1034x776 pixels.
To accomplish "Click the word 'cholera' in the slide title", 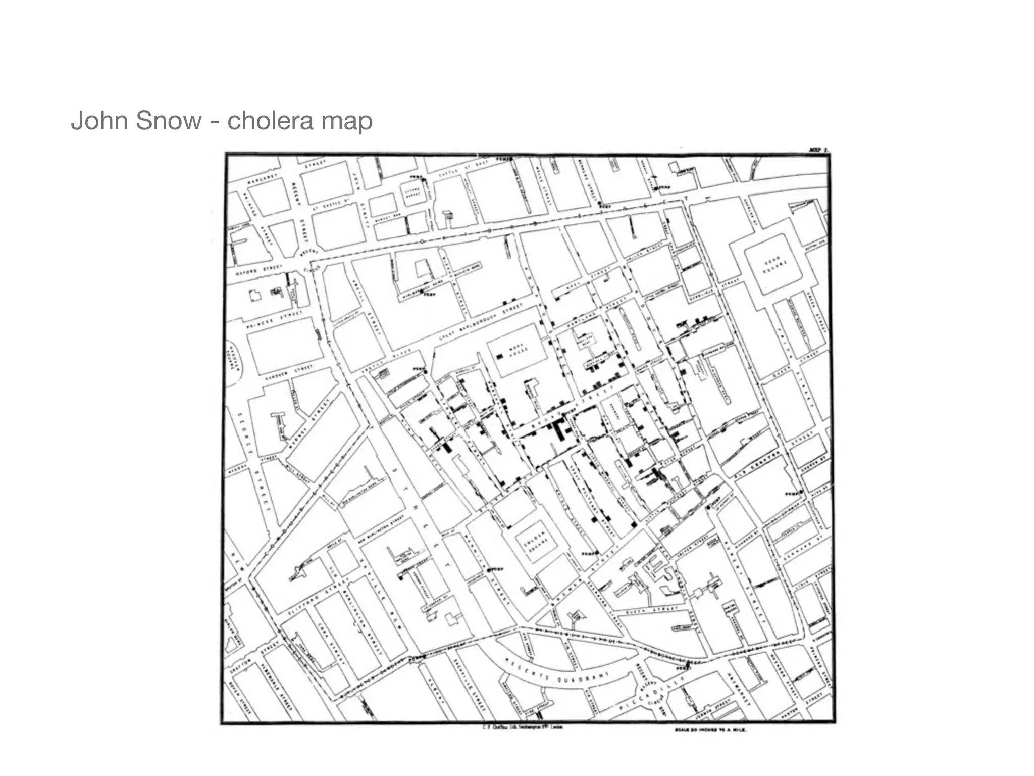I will click(x=262, y=121).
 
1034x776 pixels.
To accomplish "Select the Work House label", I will click(x=518, y=349).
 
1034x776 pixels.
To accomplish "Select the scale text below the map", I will click(x=710, y=730).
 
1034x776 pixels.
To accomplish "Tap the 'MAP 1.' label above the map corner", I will click(x=818, y=150).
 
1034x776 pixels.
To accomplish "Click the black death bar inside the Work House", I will click(x=500, y=356).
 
